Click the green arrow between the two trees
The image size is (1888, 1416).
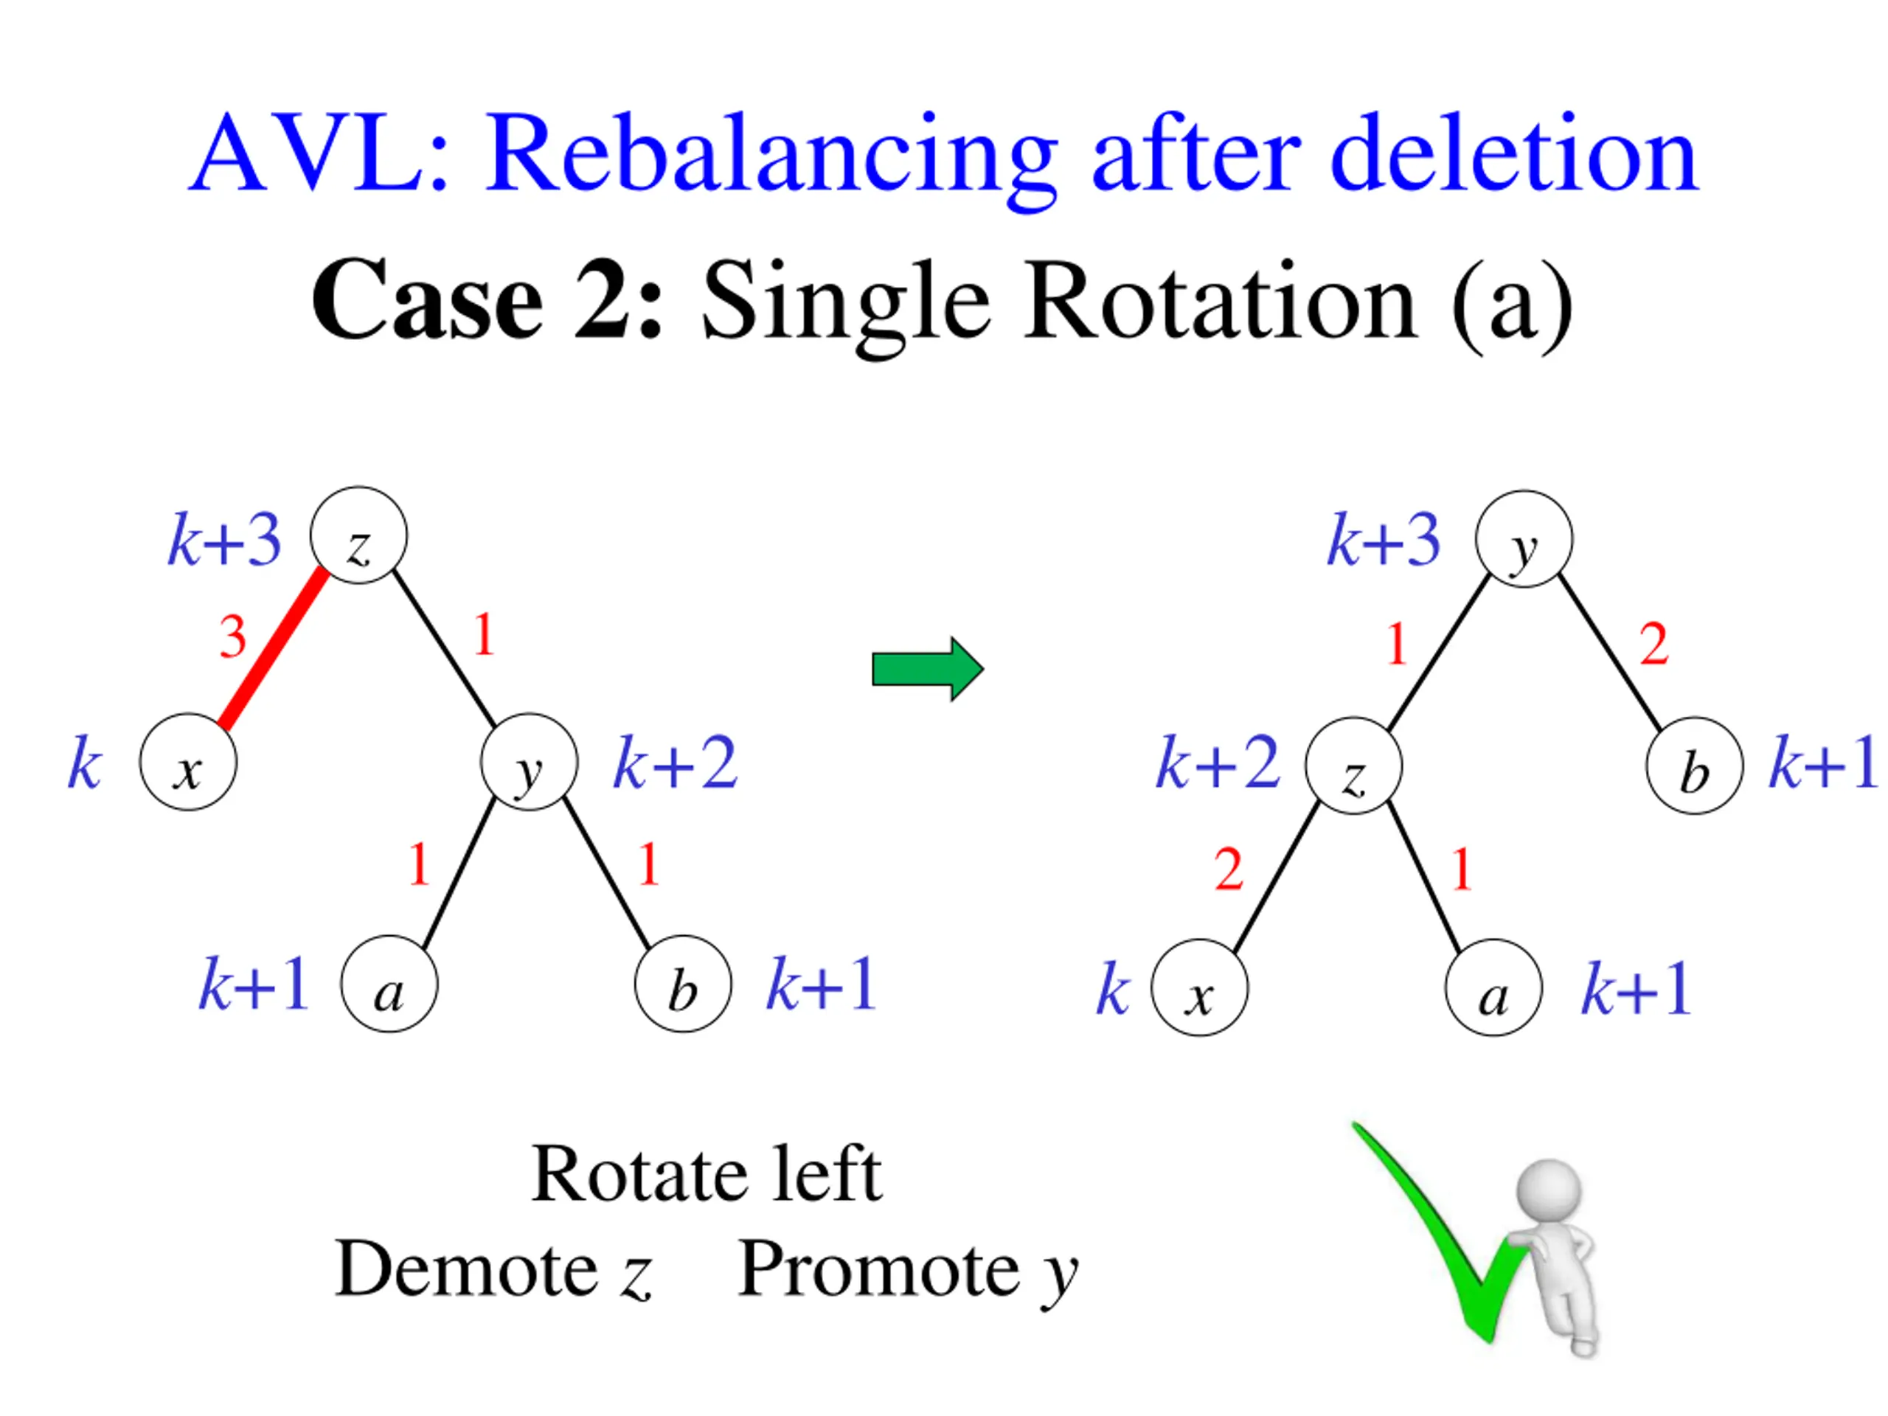[927, 668]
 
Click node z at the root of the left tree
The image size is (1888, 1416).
[358, 536]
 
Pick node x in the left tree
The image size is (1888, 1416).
[188, 762]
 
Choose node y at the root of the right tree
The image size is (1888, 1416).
[1524, 539]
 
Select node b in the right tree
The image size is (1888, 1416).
[1693, 766]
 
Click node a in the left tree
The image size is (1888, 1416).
[389, 984]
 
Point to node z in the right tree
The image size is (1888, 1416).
[1353, 766]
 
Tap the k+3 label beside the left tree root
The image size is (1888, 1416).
[224, 541]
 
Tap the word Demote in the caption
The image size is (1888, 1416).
[466, 1269]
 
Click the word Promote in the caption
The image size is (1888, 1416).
[878, 1269]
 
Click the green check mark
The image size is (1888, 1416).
[1443, 1238]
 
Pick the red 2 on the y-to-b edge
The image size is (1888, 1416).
[1653, 645]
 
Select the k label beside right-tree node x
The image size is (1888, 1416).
[1112, 990]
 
